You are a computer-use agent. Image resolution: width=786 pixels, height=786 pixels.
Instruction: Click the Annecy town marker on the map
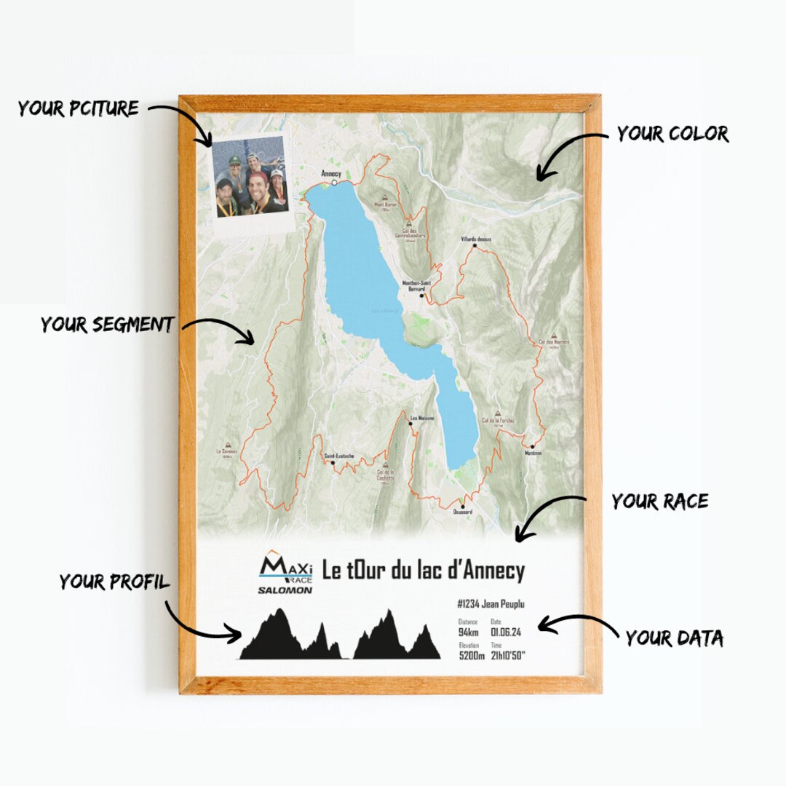click(x=335, y=183)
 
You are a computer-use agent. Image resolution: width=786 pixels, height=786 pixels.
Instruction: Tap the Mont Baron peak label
click(x=386, y=205)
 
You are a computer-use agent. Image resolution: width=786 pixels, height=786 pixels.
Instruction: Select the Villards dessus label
click(x=476, y=239)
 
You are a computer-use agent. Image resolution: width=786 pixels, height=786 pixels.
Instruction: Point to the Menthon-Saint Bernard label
click(x=416, y=286)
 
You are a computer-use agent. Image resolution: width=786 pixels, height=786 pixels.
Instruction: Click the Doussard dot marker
click(x=461, y=504)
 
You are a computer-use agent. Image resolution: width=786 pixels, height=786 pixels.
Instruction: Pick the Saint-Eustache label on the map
click(x=340, y=456)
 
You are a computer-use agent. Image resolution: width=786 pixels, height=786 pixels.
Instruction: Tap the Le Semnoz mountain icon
click(x=227, y=443)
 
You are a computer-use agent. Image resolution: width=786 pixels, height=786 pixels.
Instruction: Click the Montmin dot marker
click(x=533, y=446)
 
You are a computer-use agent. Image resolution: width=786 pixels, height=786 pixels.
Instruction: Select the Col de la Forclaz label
click(x=498, y=421)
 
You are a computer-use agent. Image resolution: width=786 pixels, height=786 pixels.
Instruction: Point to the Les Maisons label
click(x=422, y=418)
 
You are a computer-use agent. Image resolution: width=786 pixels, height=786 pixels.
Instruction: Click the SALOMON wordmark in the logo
click(x=285, y=589)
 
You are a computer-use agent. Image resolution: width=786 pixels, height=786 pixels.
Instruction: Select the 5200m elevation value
click(x=472, y=655)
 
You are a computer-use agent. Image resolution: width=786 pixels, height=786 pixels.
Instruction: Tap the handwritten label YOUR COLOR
click(x=672, y=134)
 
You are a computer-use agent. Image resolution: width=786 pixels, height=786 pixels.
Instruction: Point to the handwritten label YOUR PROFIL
click(x=115, y=582)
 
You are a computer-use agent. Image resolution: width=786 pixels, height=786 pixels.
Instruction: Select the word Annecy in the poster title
click(x=494, y=571)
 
